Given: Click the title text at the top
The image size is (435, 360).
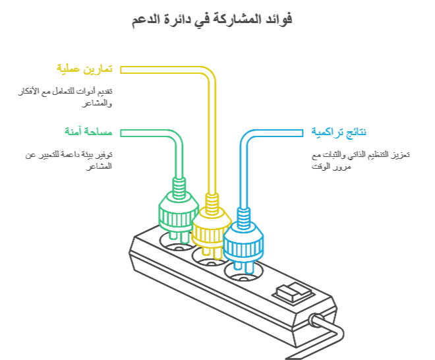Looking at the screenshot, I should [x=212, y=20].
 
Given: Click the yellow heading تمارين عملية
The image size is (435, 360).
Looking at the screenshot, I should [x=84, y=69].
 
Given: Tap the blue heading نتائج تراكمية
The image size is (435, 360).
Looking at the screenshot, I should [x=339, y=132].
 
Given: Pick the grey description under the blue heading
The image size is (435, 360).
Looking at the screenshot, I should [x=361, y=160].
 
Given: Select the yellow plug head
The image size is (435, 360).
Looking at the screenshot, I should [x=212, y=227].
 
